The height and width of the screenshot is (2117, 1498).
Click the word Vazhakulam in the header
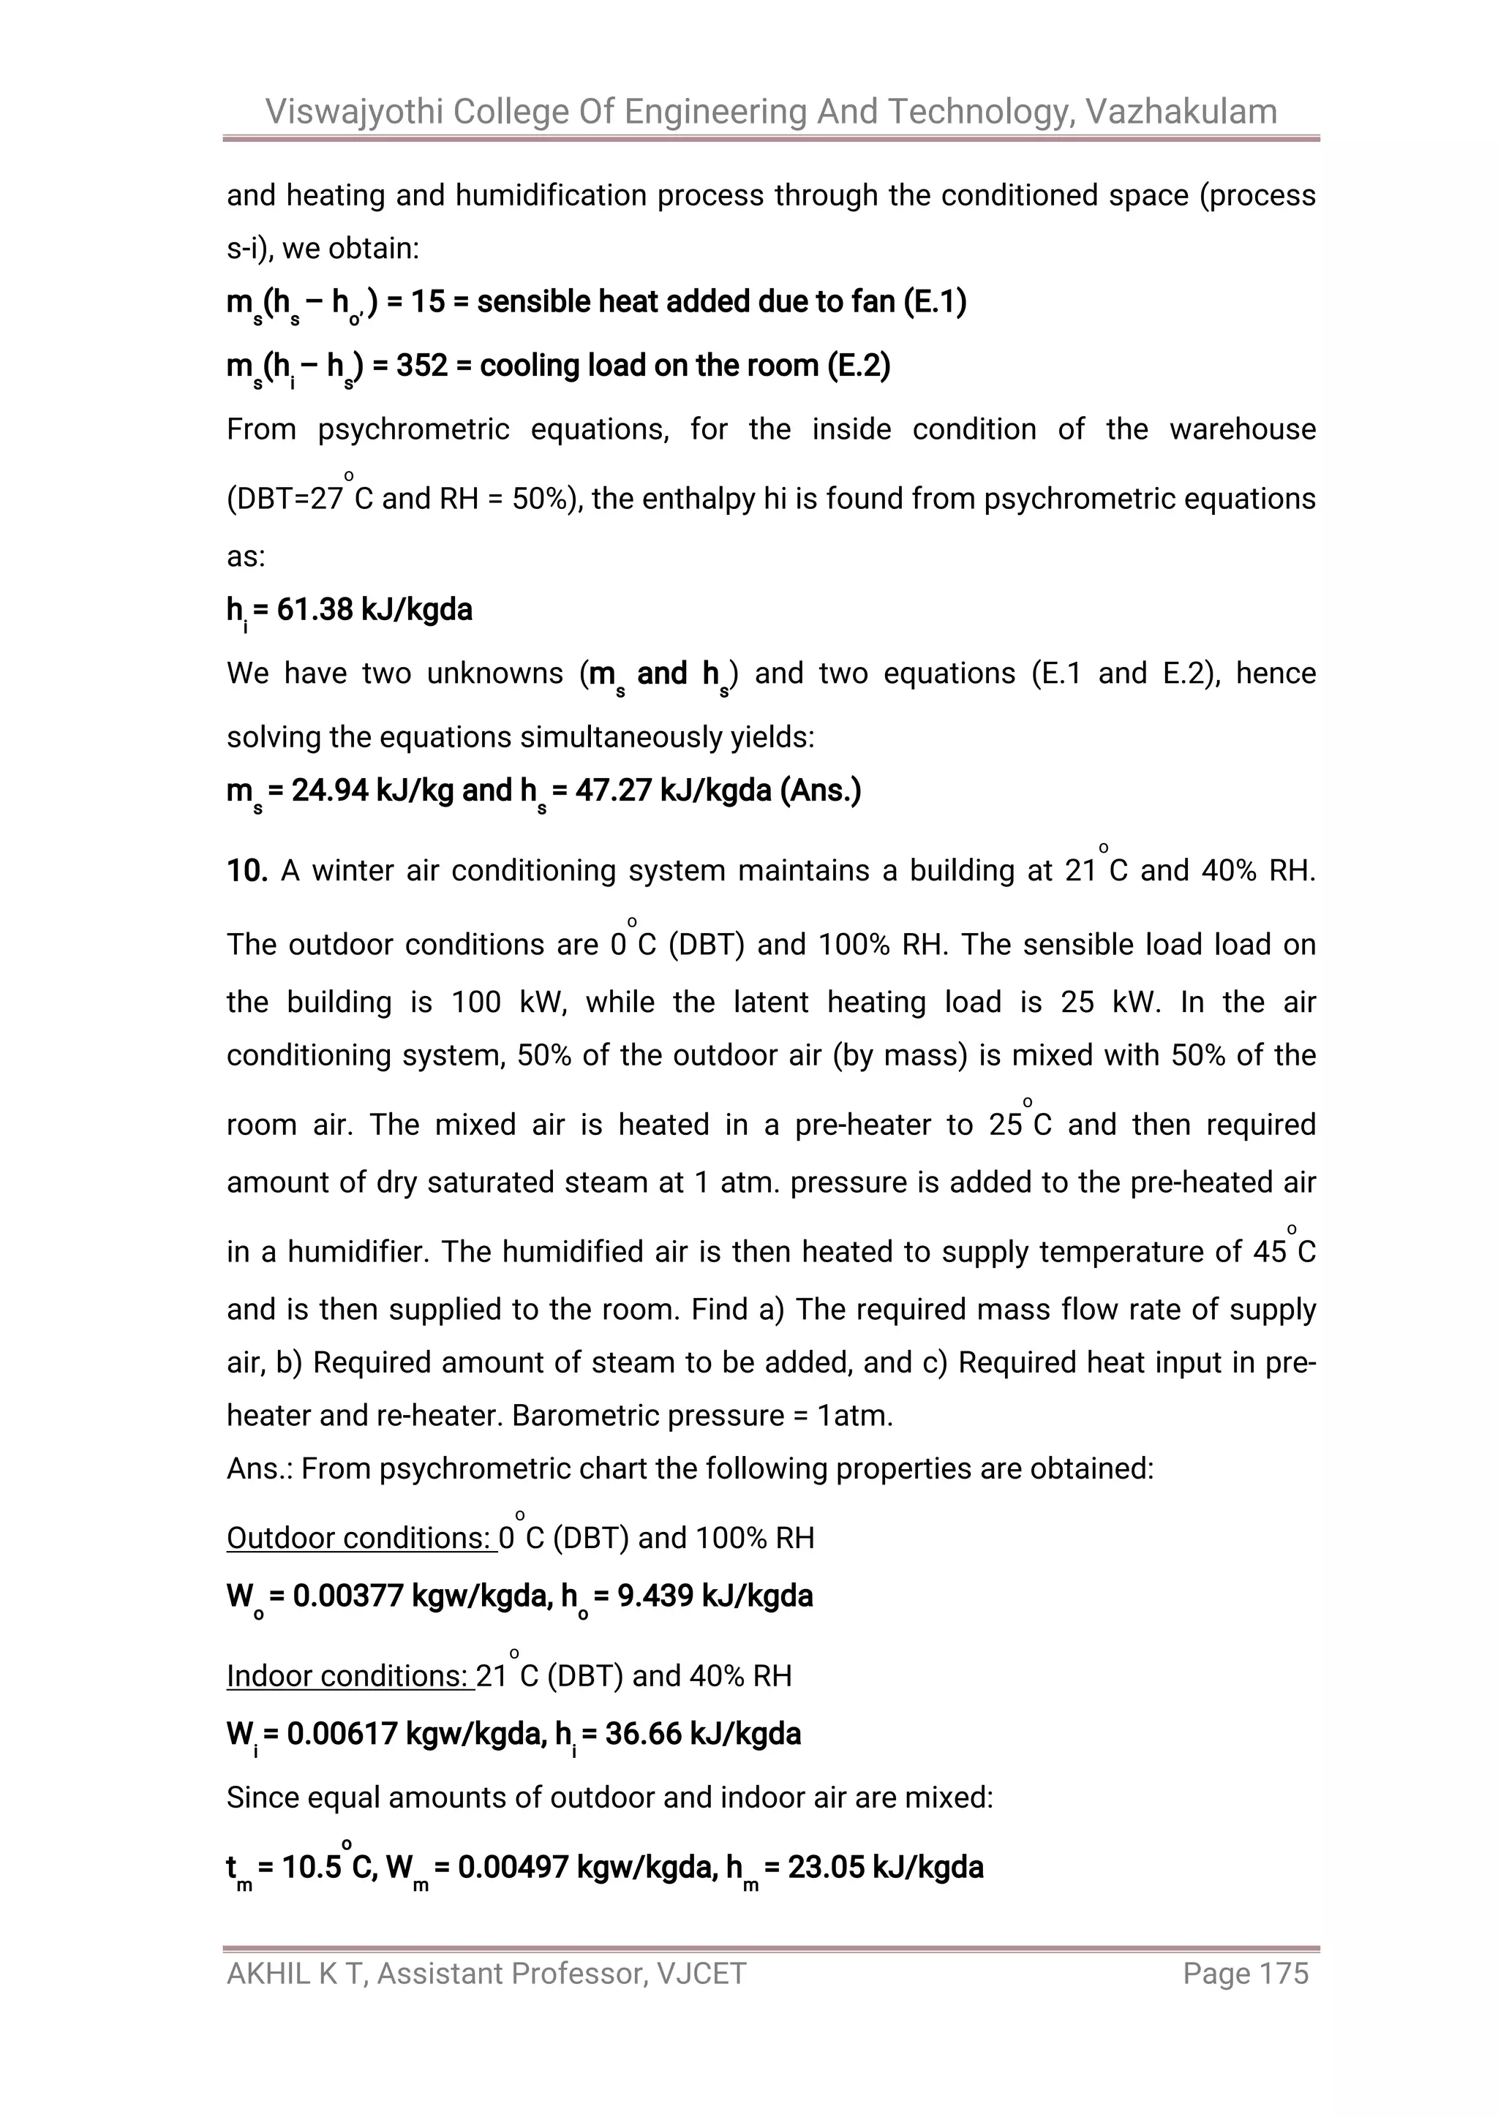point(1181,112)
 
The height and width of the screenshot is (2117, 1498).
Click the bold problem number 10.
point(246,870)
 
